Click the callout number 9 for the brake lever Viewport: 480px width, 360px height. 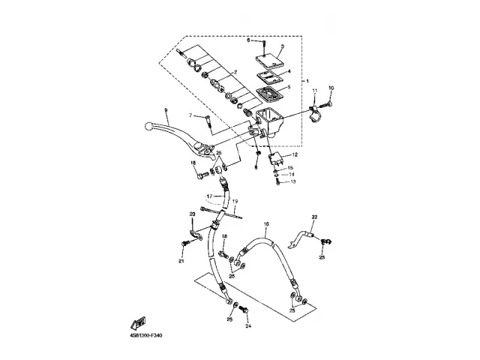click(166, 111)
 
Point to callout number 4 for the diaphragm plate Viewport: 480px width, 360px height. click(289, 71)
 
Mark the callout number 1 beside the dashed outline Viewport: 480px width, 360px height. click(305, 81)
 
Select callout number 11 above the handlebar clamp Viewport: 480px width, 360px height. click(315, 90)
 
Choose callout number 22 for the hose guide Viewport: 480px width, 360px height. click(315, 217)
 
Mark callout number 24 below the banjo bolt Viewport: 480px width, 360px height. click(248, 326)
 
